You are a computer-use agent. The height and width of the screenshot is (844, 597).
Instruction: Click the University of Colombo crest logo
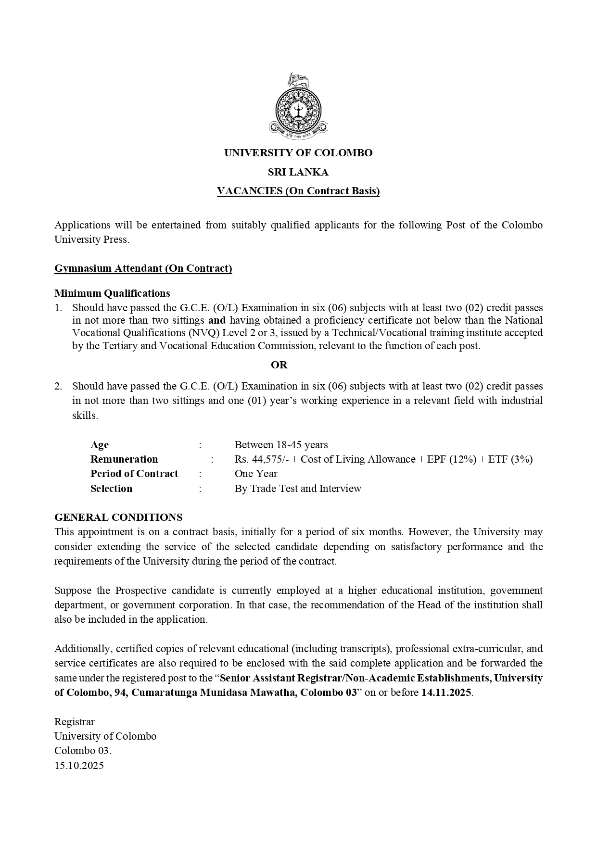298,107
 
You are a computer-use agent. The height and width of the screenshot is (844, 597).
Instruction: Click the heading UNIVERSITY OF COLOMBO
298,153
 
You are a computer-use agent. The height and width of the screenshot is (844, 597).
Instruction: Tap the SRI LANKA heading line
298,172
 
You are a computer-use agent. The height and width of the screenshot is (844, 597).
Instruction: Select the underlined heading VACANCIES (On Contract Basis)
298,191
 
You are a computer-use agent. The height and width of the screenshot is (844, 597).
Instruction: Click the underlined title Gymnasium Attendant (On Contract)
143,268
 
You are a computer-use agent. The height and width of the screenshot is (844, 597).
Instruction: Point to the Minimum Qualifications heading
112,293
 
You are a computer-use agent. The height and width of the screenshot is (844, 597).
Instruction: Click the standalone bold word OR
279,365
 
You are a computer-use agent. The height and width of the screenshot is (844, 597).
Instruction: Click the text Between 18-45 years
281,445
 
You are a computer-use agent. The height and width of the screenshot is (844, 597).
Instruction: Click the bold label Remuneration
124,459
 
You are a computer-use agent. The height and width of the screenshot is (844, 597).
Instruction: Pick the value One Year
256,474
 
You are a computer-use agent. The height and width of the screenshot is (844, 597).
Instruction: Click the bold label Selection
111,489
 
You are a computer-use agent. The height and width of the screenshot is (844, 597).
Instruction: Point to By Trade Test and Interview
298,489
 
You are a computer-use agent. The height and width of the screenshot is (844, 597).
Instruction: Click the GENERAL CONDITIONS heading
118,517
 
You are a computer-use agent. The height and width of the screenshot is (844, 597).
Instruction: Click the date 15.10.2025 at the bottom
79,766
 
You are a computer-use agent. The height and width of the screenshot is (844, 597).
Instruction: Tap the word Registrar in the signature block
75,722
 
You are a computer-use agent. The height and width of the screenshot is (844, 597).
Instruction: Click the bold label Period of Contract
134,474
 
